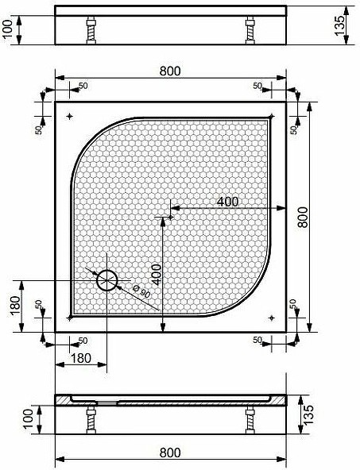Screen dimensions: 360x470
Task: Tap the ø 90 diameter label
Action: pyautogui.click(x=141, y=291)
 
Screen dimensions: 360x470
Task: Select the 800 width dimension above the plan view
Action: pyautogui.click(x=170, y=71)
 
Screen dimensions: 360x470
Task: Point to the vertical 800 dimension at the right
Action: pyautogui.click(x=303, y=217)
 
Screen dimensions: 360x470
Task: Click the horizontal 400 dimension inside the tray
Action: pyautogui.click(x=227, y=202)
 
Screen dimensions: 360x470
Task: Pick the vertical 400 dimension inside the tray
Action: pyautogui.click(x=157, y=275)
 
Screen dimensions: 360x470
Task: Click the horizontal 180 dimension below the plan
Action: pyautogui.click(x=81, y=358)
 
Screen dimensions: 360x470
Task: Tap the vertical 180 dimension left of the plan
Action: pyautogui.click(x=15, y=306)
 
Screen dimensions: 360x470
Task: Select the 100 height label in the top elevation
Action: pyautogui.click(x=8, y=29)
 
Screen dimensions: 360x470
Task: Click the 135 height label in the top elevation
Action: pyautogui.click(x=339, y=25)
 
